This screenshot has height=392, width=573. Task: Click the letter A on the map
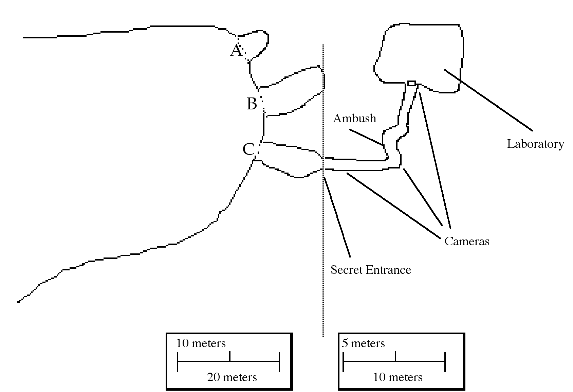237,51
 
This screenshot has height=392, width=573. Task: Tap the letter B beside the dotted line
252,104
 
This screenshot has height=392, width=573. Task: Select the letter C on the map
248,149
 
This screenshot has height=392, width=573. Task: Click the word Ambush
354,118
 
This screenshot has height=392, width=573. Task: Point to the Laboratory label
535,144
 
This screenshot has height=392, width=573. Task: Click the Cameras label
467,241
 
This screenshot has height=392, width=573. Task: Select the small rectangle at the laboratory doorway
411,83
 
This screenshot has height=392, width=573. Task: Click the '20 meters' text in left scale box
232,377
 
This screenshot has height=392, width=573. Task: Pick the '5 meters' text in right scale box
363,343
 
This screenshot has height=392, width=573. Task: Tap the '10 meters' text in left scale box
201,343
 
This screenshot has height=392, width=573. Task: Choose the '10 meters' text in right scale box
398,377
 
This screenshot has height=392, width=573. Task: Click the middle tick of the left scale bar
230,356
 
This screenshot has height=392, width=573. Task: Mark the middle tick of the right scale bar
395,356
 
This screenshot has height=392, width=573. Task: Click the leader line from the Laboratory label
489,100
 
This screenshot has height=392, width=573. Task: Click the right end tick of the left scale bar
279,362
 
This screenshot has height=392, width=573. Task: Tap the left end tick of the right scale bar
343,362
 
